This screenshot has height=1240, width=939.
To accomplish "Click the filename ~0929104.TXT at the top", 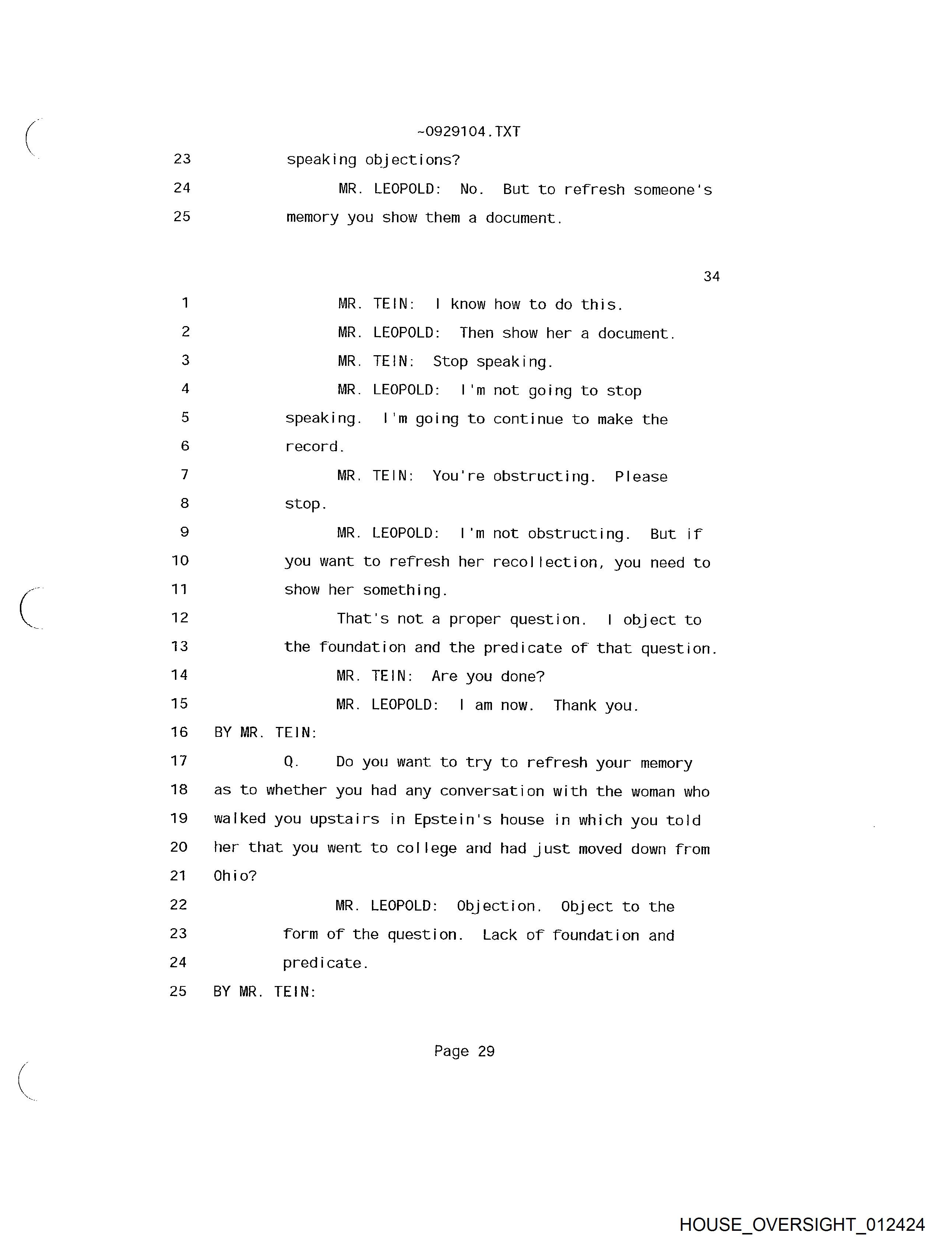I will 468,132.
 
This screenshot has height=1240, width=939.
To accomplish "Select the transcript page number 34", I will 711,276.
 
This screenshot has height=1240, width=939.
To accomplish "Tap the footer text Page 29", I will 464,1051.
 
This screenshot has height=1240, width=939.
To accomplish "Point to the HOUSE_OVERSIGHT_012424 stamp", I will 802,1224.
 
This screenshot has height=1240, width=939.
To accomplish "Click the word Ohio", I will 235,876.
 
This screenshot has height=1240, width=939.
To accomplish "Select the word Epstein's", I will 453,820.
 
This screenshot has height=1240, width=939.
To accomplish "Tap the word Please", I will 641,477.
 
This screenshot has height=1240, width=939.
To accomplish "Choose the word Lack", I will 499,935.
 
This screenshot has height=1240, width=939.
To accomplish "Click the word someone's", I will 672,190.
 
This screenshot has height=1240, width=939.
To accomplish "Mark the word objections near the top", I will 412,160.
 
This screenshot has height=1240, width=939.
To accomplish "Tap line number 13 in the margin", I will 179,646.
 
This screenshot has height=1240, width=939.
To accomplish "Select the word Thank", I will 574,705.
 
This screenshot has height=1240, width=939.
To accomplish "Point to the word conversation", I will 492,791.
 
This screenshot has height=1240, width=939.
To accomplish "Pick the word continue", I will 528,419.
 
